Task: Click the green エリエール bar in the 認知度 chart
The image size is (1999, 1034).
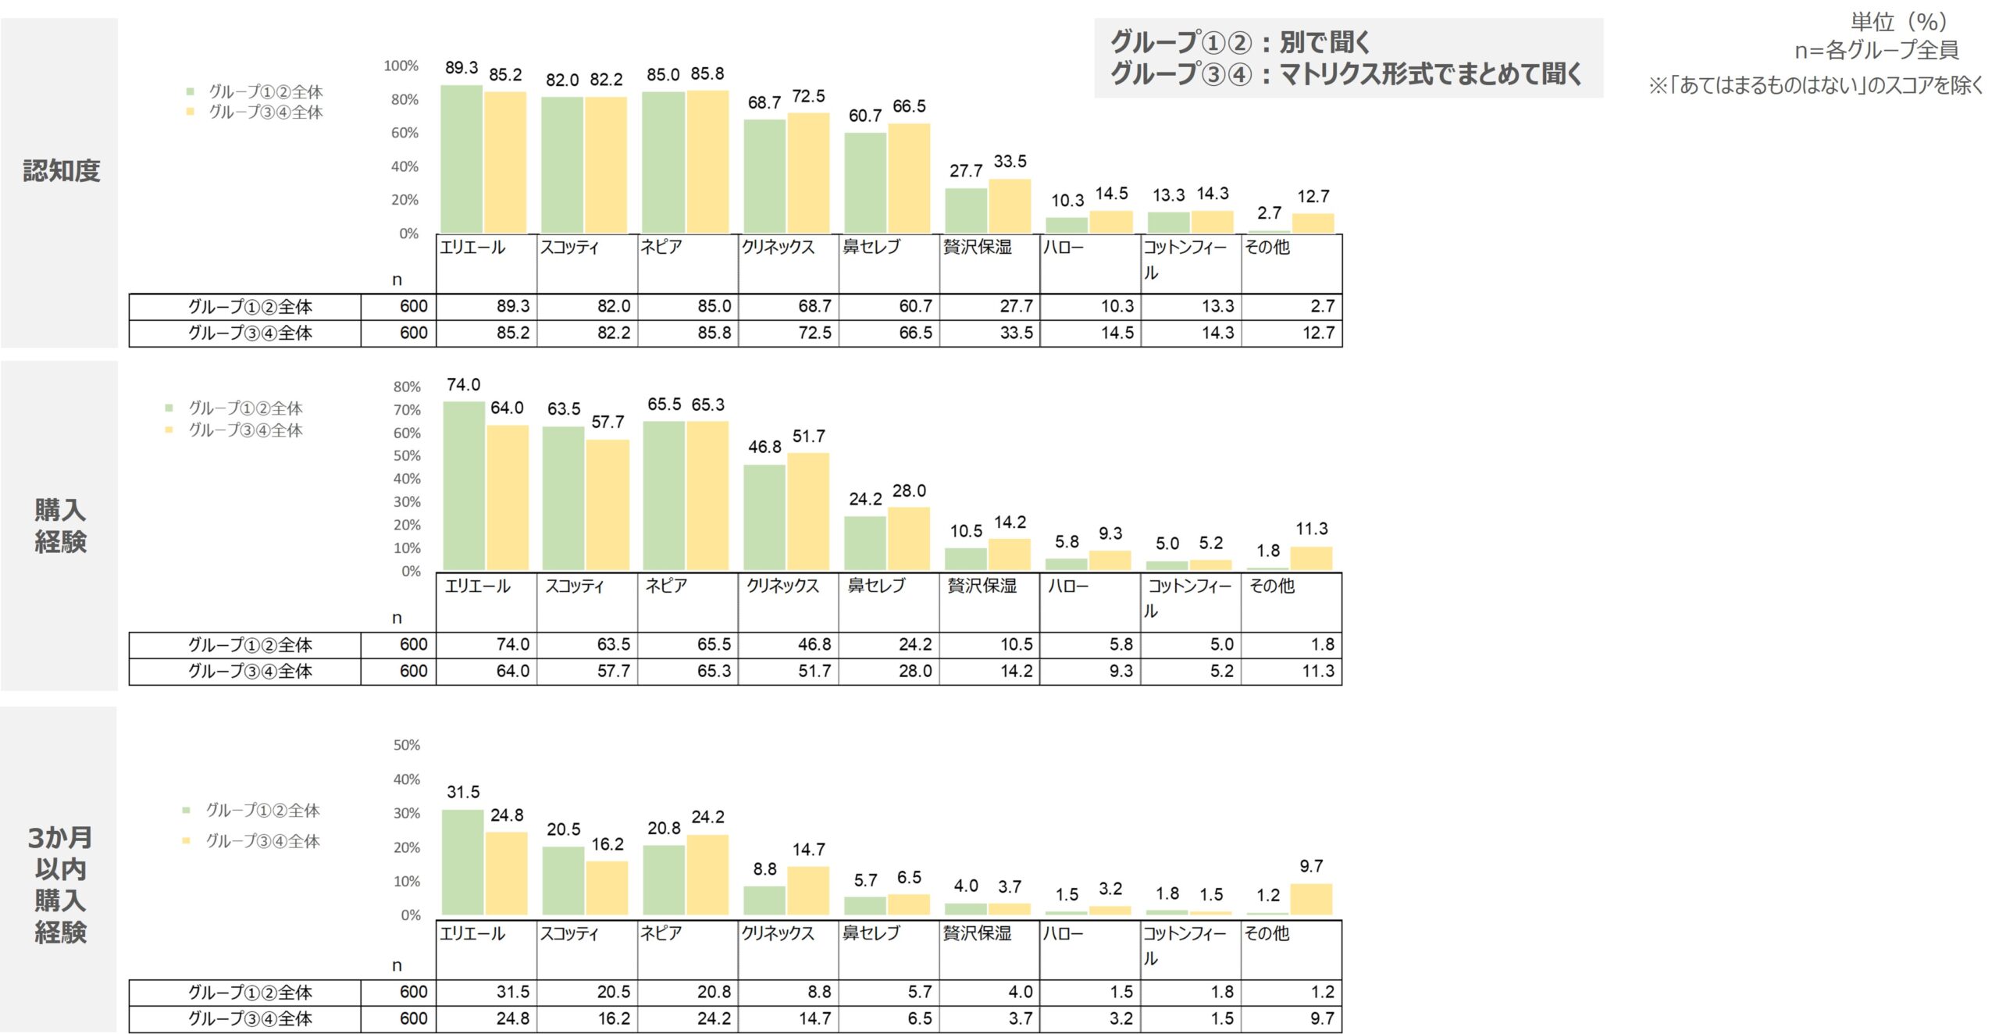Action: [x=461, y=159]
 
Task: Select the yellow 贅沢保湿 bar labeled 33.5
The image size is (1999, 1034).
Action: [x=1010, y=206]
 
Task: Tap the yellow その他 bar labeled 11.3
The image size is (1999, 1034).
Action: [x=1311, y=558]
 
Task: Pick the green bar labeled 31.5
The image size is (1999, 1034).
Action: [x=462, y=862]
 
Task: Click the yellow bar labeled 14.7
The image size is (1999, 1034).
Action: [x=808, y=890]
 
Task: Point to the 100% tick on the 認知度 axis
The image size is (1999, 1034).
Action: [x=401, y=66]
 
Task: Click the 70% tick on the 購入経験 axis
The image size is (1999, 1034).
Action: [x=407, y=410]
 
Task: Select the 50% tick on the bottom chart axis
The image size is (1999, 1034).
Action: [x=407, y=746]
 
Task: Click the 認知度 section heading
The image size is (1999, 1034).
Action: [x=61, y=171]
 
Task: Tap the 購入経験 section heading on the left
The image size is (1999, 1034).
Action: [x=60, y=526]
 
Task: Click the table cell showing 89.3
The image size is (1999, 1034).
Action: [x=512, y=306]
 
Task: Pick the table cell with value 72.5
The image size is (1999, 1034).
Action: [x=814, y=333]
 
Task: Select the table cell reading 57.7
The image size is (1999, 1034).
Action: [x=613, y=671]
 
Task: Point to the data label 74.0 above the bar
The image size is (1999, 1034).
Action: [x=463, y=385]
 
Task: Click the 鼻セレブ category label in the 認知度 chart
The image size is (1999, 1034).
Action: [x=871, y=248]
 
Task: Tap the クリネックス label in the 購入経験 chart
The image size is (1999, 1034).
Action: [x=782, y=586]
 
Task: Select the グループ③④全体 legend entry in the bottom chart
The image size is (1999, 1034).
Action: [x=262, y=841]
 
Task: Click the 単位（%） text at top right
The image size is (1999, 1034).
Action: [x=1898, y=22]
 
